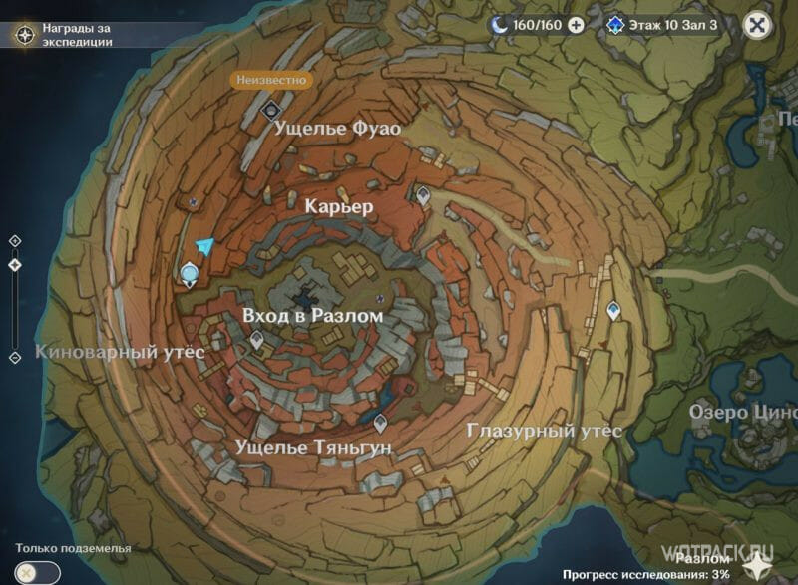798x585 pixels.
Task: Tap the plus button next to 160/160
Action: click(576, 25)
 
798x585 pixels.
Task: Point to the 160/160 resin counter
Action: click(529, 25)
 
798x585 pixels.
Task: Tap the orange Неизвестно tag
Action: click(271, 79)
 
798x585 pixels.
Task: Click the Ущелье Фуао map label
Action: click(337, 129)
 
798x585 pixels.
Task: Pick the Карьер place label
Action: click(339, 207)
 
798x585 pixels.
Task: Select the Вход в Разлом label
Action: click(312, 315)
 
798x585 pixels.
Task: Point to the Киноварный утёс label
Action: click(120, 352)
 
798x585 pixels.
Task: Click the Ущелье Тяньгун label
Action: click(313, 449)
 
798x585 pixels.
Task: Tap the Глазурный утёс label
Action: click(544, 431)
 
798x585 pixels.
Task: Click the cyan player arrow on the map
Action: click(204, 247)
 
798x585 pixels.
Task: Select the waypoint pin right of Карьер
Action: click(424, 195)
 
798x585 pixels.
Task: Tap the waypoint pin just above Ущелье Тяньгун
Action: click(380, 422)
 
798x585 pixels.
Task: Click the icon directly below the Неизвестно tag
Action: click(269, 107)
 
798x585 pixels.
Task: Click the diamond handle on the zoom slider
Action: click(14, 265)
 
